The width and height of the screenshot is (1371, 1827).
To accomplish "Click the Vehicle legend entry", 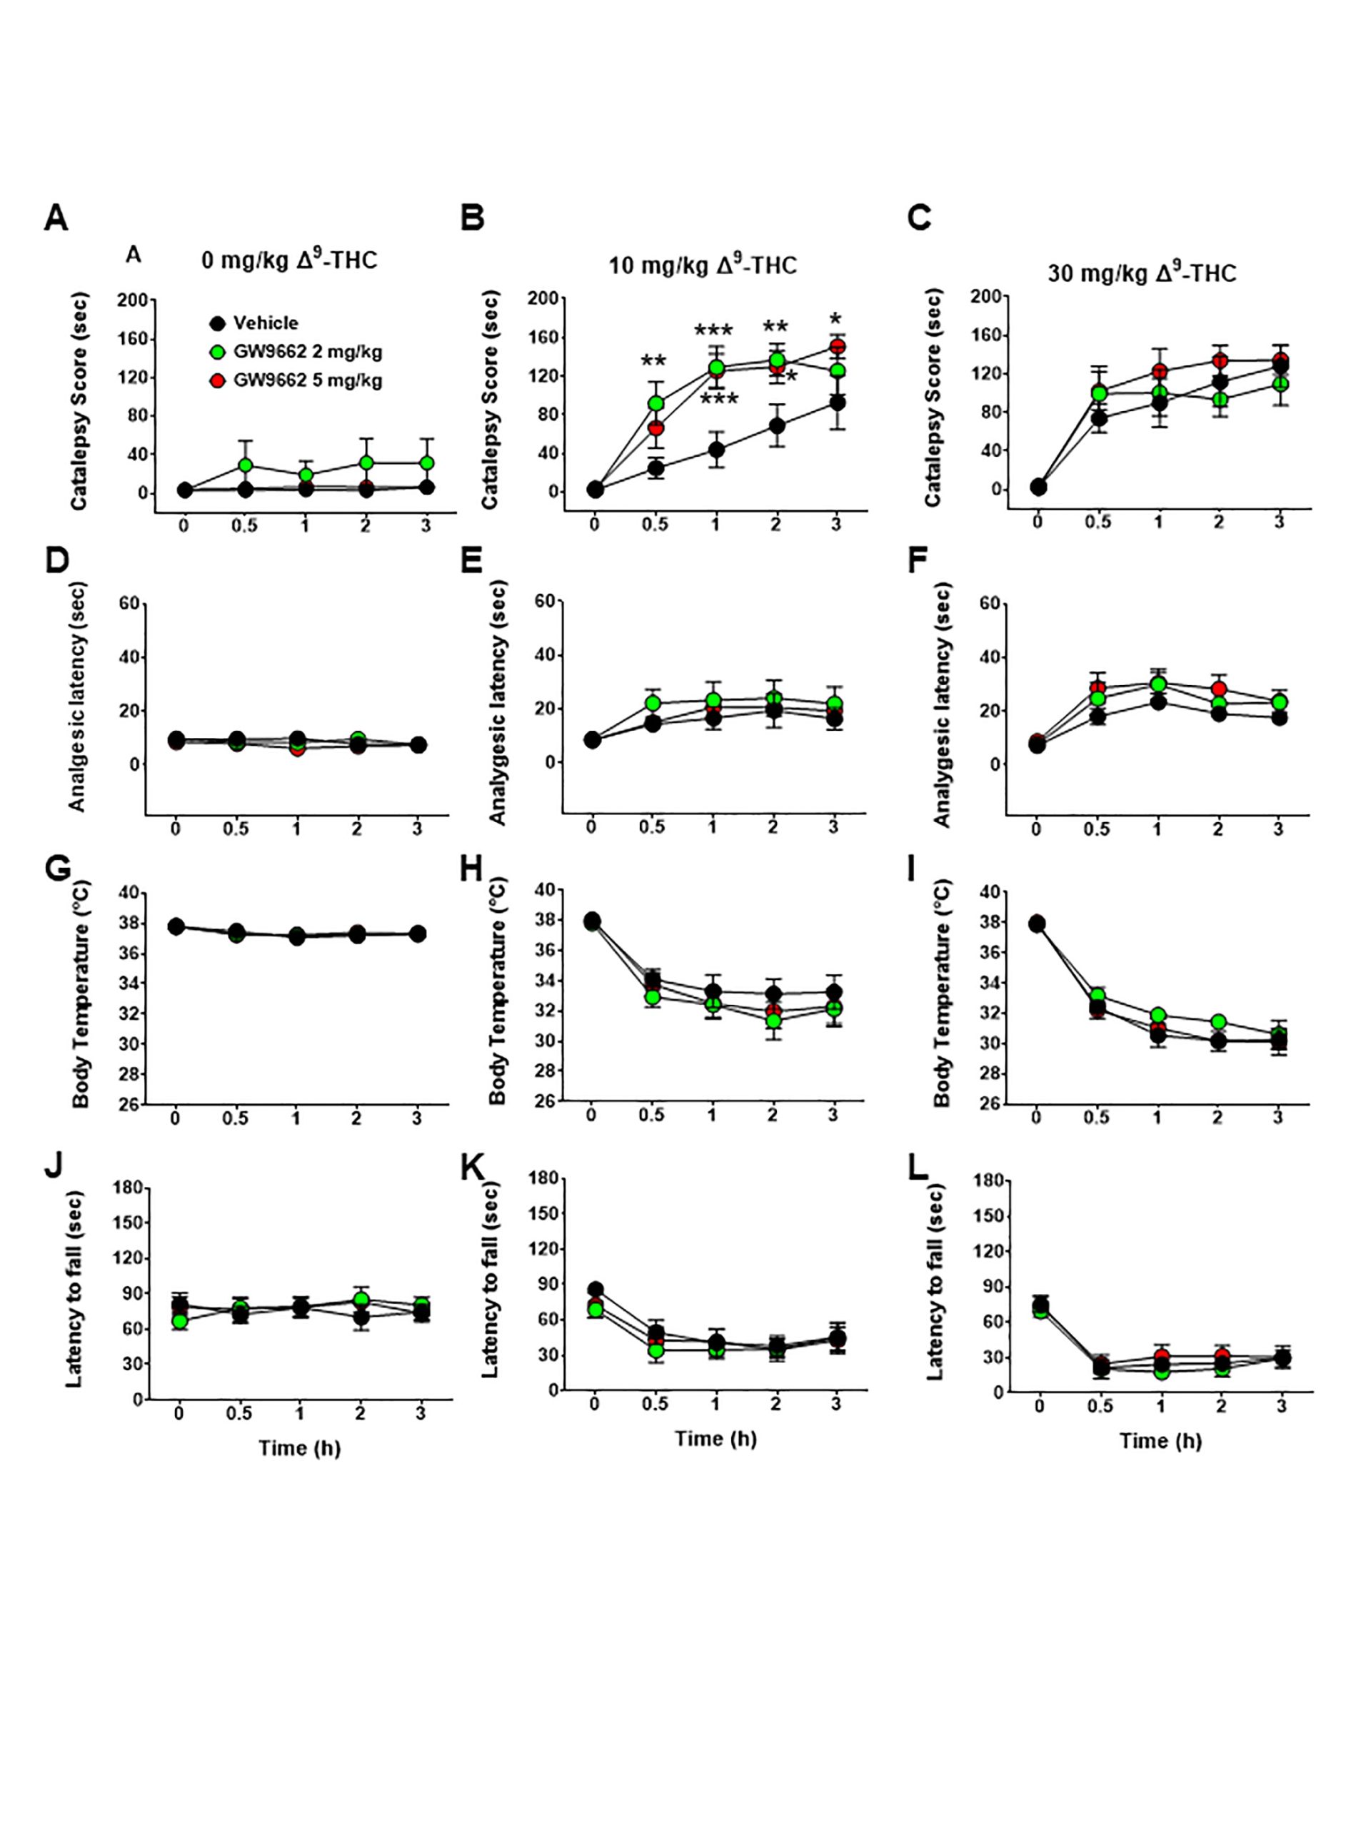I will click(x=264, y=323).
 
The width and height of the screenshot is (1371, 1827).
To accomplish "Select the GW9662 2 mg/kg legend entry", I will click(x=306, y=352).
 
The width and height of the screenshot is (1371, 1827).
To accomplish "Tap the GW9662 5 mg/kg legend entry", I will click(x=306, y=381).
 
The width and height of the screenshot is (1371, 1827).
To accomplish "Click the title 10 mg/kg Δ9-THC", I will click(x=703, y=265).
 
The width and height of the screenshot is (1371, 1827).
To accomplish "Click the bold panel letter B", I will click(x=472, y=218).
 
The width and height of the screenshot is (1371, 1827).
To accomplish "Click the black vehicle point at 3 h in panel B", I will click(x=836, y=403).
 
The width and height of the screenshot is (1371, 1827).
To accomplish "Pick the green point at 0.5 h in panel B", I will click(x=656, y=404).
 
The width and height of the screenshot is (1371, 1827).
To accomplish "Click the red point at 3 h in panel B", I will click(x=836, y=346).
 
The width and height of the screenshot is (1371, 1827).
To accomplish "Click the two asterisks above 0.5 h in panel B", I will click(x=653, y=362).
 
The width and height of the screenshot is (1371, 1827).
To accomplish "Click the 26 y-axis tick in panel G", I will click(x=127, y=1103).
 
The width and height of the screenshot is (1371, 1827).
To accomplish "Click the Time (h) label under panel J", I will click(x=299, y=1448).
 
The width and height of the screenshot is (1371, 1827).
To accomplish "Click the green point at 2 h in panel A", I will click(x=366, y=462).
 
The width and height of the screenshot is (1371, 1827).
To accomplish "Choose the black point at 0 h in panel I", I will click(x=1036, y=923).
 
